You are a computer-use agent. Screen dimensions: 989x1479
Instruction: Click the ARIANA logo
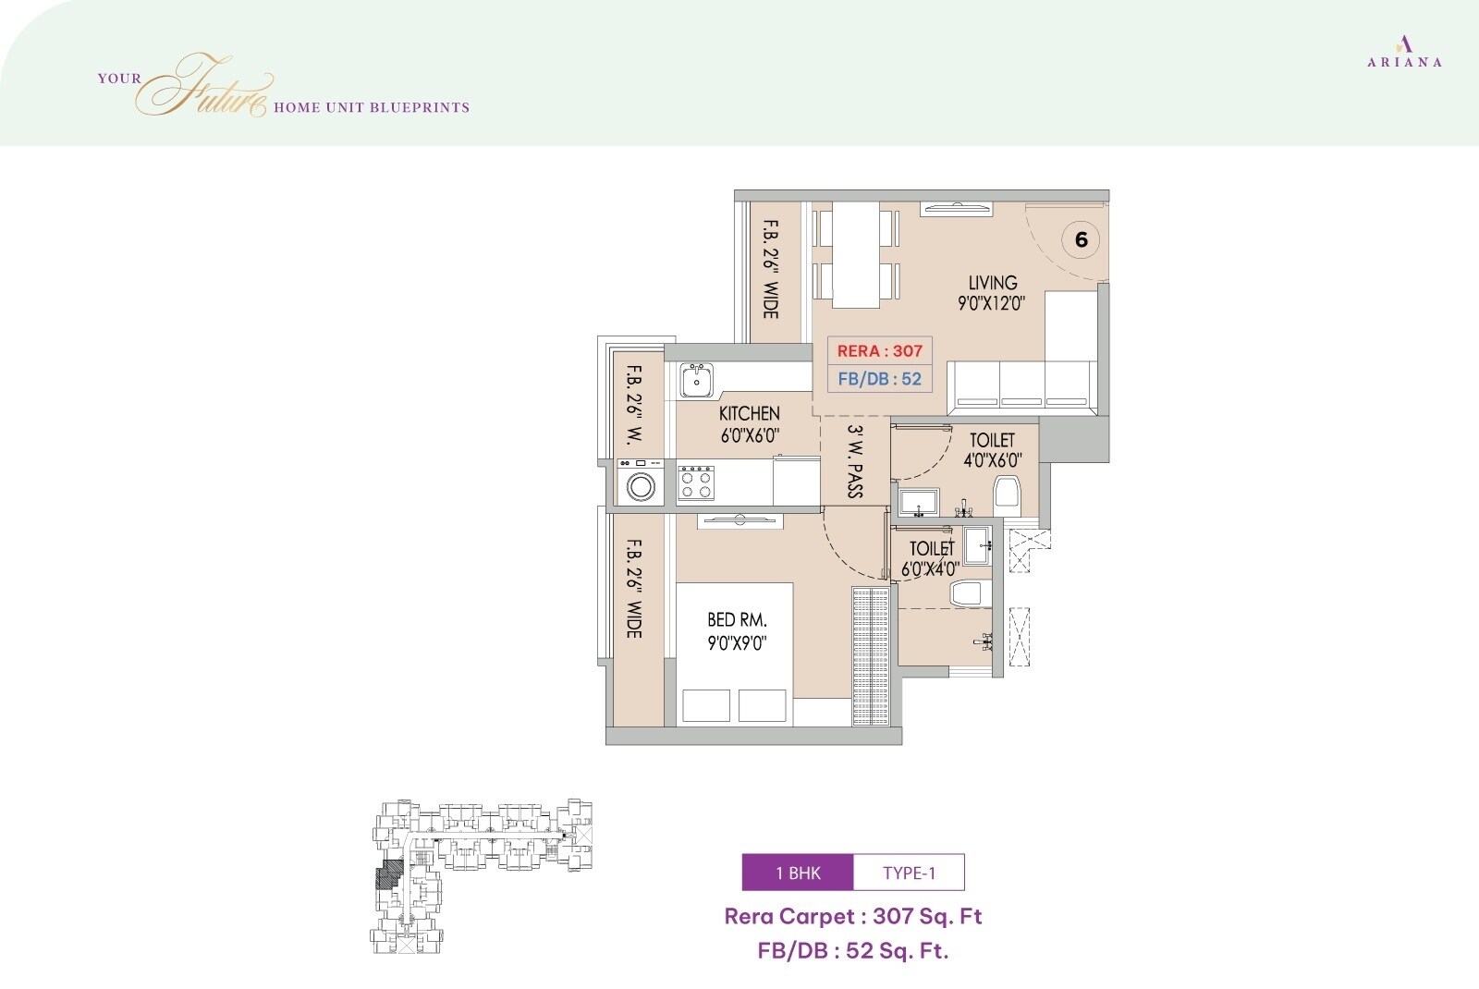[x=1404, y=52]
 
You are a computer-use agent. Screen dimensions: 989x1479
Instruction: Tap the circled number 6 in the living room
[x=1081, y=240]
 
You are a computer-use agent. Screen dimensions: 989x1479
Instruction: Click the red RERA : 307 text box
[x=879, y=350]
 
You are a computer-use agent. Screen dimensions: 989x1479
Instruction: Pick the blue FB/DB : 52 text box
[x=879, y=379]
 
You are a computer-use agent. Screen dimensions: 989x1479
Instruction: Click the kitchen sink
[x=696, y=380]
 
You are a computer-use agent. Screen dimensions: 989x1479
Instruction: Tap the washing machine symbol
[x=640, y=484]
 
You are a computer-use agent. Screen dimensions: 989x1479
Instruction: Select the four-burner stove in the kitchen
[x=696, y=483]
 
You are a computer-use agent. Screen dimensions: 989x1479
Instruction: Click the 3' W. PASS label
[x=856, y=461]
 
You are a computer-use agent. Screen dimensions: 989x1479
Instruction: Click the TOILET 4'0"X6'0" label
[x=992, y=449]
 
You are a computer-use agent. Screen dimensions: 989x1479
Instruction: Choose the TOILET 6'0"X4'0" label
[x=931, y=558]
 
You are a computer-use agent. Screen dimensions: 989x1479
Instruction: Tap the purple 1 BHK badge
[x=798, y=873]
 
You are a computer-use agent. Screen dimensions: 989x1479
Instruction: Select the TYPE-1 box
[x=909, y=873]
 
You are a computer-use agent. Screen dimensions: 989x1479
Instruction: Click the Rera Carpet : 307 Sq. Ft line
[x=852, y=916]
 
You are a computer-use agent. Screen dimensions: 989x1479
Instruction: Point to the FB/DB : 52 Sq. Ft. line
[x=852, y=950]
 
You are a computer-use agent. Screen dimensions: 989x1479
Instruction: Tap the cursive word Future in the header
[x=208, y=88]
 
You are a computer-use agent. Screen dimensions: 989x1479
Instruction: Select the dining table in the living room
[x=855, y=254]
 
